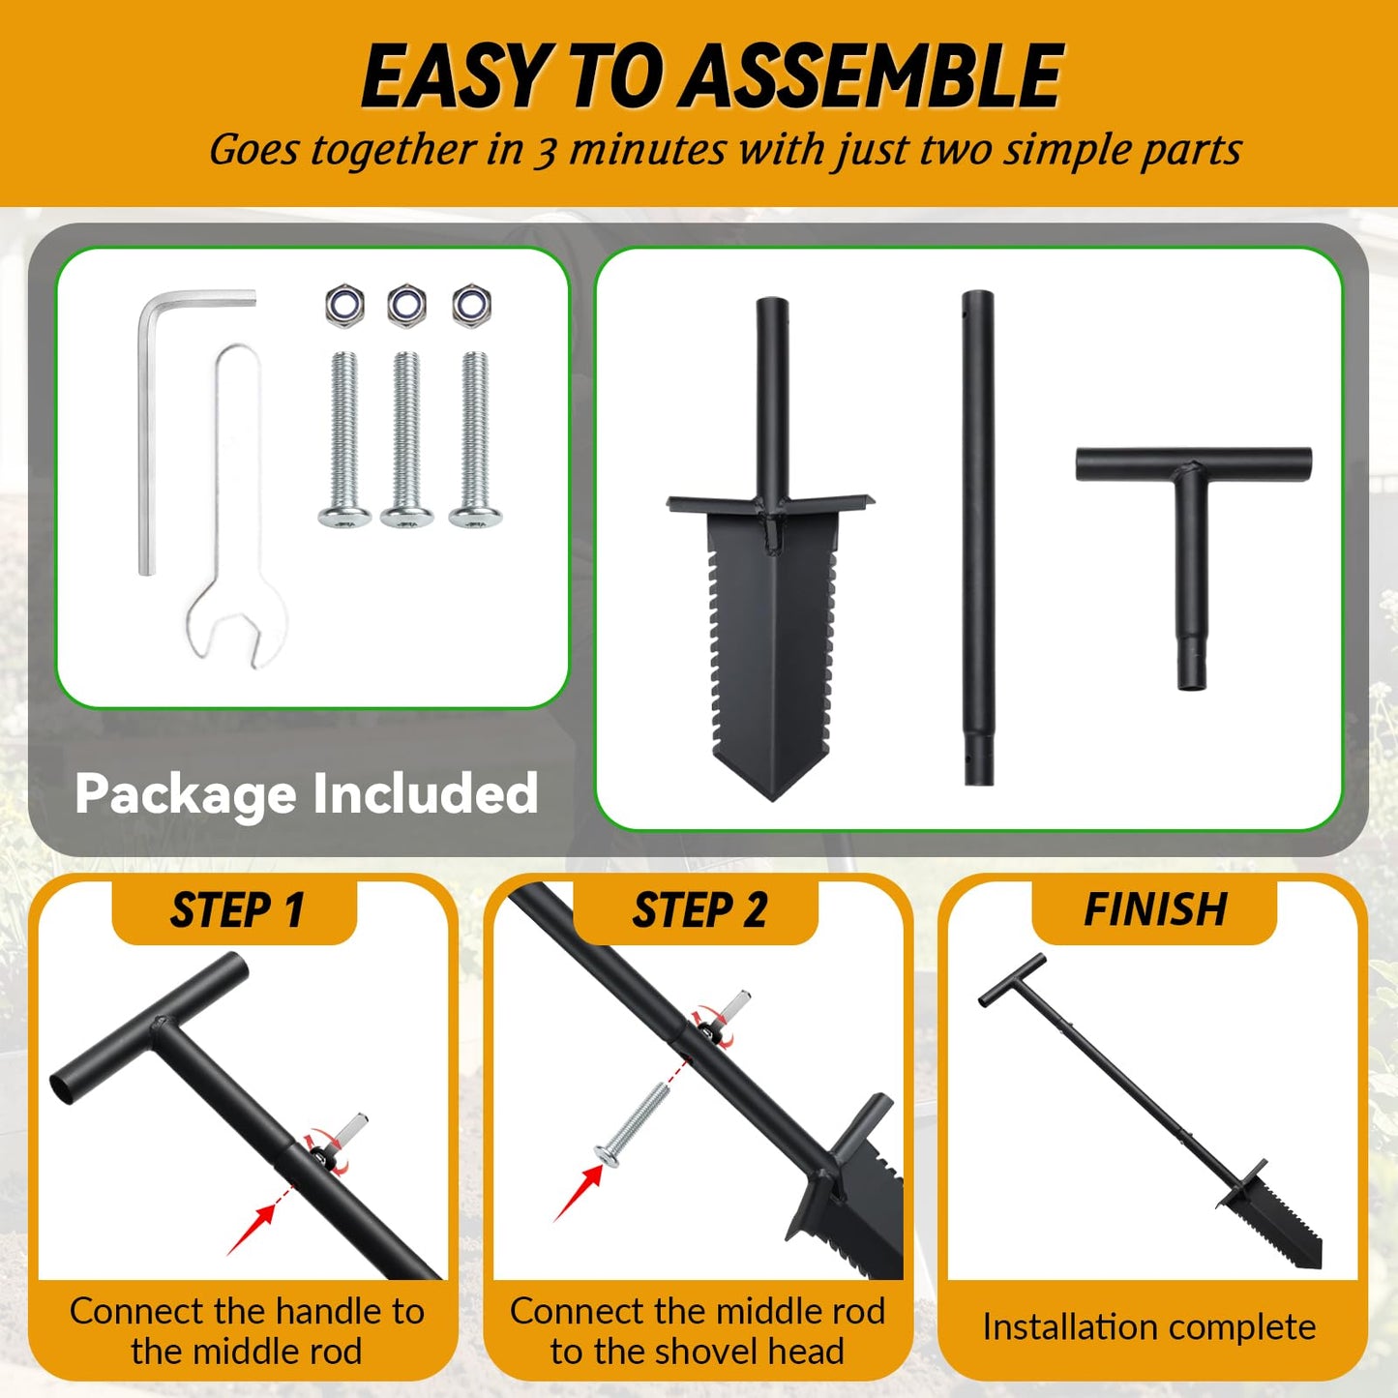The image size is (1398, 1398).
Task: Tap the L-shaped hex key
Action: tap(146, 435)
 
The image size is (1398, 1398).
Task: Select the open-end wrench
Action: tap(237, 508)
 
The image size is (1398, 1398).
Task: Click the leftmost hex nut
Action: tap(344, 305)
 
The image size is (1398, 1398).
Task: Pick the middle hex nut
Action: tap(407, 305)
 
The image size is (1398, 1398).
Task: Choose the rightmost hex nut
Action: tap(471, 305)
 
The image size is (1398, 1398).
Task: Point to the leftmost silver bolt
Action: tap(344, 439)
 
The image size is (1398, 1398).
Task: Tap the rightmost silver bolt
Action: tap(475, 439)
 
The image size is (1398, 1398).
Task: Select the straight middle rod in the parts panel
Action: tap(977, 538)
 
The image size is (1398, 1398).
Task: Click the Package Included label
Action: tap(306, 793)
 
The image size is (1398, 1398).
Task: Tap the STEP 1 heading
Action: tap(236, 909)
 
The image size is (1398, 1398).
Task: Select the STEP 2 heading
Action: tap(699, 909)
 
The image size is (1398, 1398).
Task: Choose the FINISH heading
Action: tap(1155, 909)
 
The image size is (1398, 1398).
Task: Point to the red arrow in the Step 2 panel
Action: tap(579, 1191)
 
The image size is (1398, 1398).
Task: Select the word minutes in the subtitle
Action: tap(647, 149)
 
